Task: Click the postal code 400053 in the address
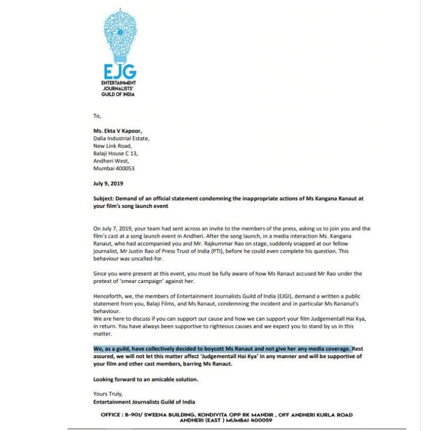(x=132, y=166)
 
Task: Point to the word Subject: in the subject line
(x=107, y=198)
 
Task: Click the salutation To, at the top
(x=98, y=116)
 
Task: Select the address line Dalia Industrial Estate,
(x=122, y=139)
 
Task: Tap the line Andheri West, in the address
(x=111, y=159)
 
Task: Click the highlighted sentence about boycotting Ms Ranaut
(x=222, y=348)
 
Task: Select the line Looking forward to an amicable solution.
(x=146, y=379)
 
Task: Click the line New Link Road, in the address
(x=114, y=145)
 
